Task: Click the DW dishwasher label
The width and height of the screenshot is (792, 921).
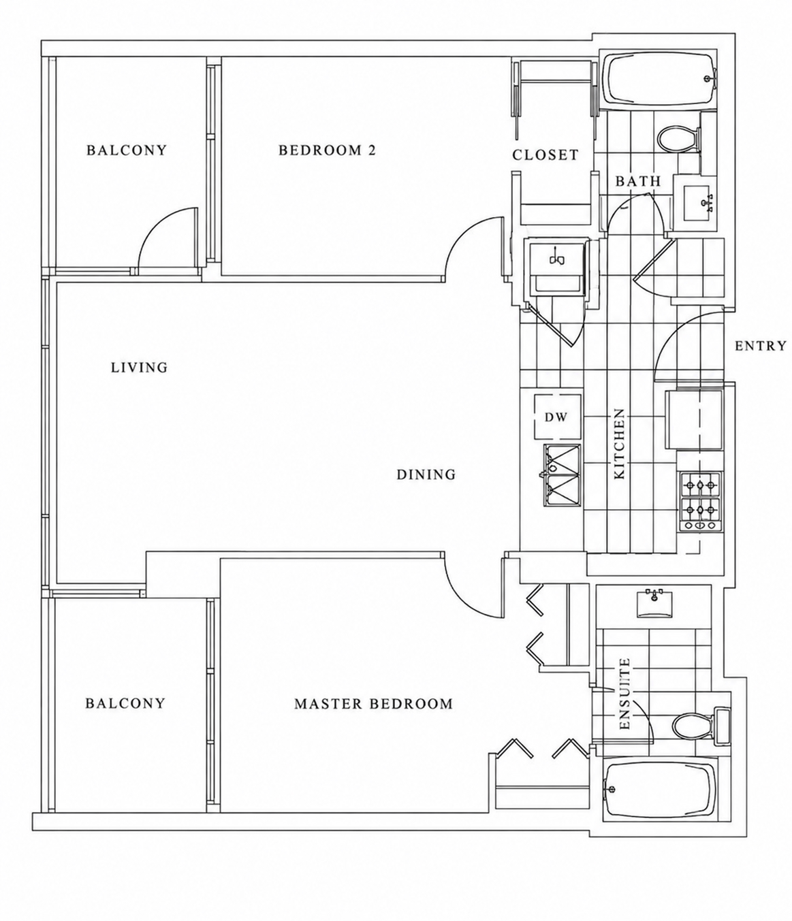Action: point(556,417)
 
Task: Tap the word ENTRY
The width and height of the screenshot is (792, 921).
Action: point(761,346)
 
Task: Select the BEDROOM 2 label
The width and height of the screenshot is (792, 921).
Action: point(327,150)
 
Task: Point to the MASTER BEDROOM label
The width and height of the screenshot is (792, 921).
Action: point(373,704)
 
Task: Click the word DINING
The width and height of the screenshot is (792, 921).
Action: point(426,474)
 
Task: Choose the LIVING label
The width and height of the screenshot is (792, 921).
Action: point(139,367)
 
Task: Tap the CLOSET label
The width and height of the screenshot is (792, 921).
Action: point(545,155)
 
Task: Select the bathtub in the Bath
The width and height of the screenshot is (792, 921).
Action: point(659,80)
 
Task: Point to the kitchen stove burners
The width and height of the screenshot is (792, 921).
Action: point(700,501)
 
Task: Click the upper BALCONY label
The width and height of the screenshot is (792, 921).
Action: point(126,150)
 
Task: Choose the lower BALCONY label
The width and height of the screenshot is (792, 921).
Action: point(125,704)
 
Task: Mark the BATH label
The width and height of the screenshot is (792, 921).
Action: point(638,181)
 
